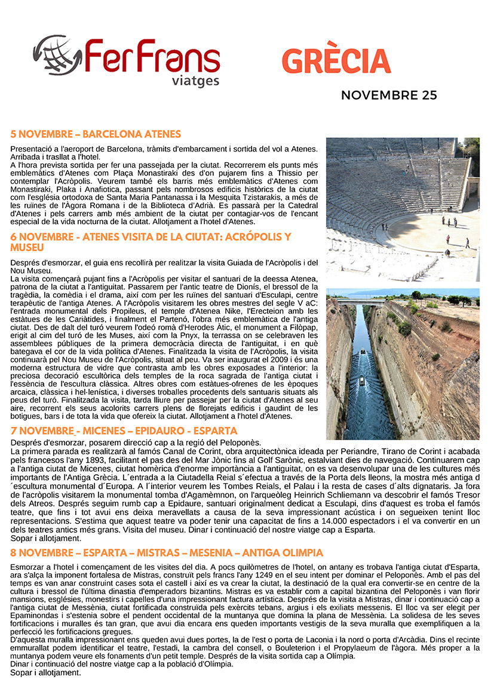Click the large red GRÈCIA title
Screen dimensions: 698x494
[x=336, y=61]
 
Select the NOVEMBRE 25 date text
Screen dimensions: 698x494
[x=389, y=95]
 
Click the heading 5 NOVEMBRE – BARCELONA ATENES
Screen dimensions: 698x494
[x=96, y=134]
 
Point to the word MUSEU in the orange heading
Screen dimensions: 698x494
[x=27, y=247]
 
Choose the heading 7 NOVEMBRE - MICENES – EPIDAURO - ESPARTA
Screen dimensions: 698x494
[x=124, y=431]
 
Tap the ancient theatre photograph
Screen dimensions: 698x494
[x=403, y=209]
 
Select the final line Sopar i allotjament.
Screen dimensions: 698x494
[x=45, y=672]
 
